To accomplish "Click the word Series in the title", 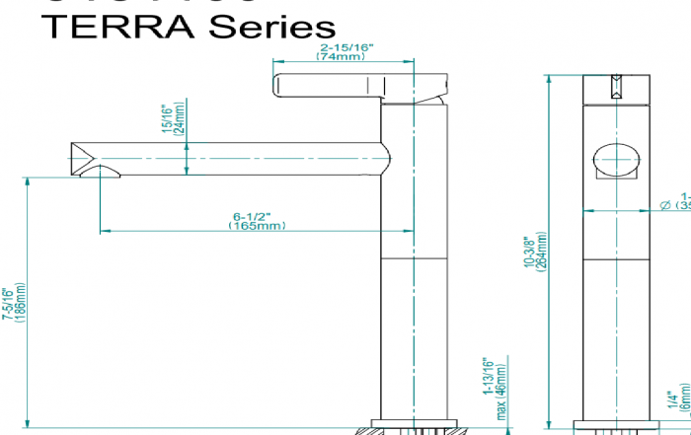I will (x=263, y=26).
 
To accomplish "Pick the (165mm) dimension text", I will (x=257, y=226).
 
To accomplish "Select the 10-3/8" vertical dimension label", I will (x=528, y=251).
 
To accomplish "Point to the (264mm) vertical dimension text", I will (x=541, y=251).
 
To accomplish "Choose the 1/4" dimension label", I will (x=672, y=400).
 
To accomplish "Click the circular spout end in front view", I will (x=614, y=159).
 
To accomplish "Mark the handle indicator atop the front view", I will (x=614, y=86).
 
